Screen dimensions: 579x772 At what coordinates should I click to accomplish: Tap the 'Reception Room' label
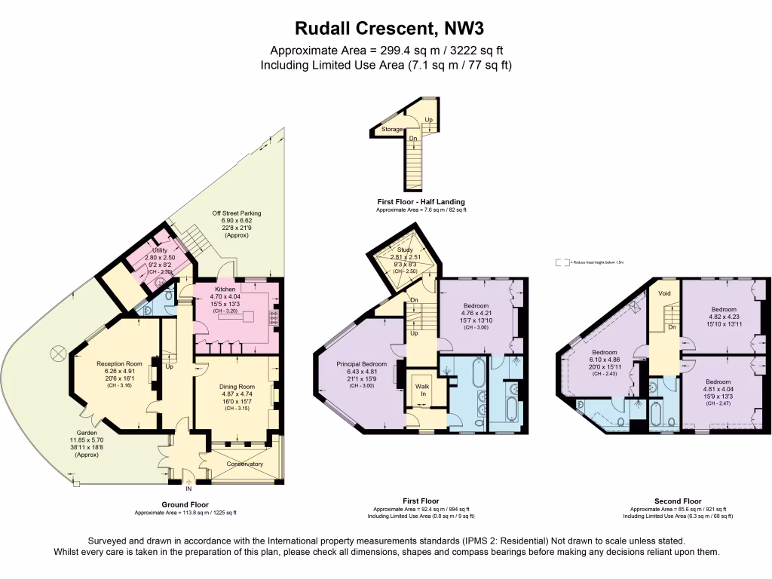coord(114,363)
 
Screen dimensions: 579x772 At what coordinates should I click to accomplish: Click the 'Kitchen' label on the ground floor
coord(226,289)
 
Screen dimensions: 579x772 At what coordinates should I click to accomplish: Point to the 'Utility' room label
coord(160,250)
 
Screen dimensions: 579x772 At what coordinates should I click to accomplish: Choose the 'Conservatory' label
coord(245,464)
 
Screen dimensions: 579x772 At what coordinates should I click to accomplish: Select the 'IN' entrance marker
coord(188,489)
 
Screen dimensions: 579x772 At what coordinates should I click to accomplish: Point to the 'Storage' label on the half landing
coord(391,130)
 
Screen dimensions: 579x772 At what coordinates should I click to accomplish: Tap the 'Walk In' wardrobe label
coord(421,390)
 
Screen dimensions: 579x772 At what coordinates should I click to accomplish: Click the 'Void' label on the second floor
coord(664,293)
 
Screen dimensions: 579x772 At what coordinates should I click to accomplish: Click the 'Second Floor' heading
coord(677,501)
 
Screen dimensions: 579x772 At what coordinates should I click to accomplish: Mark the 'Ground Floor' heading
coord(185,504)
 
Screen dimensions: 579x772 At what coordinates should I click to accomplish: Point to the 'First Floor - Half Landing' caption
coord(421,201)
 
